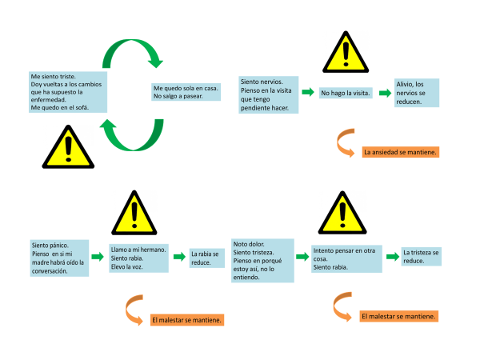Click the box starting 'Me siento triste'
66,92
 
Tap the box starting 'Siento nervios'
269,94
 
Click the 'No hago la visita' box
346,94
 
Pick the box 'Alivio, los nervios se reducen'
416,93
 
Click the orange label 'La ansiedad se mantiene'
400,151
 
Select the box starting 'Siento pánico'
56,258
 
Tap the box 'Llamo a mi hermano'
137,258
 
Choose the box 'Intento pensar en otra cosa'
342,258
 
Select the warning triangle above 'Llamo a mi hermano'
135,212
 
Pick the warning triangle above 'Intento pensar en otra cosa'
341,211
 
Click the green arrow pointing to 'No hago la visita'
308,94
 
